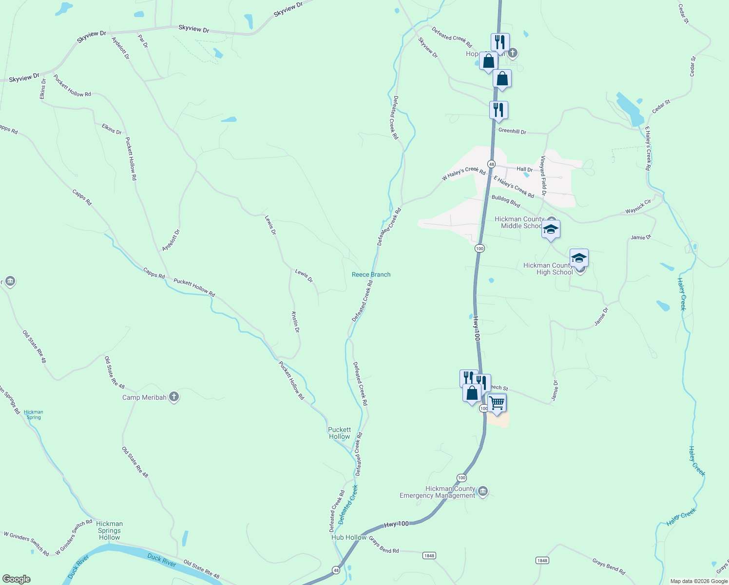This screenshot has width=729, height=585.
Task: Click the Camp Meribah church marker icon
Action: click(x=174, y=397)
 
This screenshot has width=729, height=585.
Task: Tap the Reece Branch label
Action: click(x=371, y=274)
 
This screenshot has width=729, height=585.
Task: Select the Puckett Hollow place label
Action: click(x=339, y=433)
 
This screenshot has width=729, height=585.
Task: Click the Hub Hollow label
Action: click(x=349, y=537)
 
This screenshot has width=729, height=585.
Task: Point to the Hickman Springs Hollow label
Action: click(x=110, y=530)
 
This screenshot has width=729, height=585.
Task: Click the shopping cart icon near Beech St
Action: click(x=497, y=403)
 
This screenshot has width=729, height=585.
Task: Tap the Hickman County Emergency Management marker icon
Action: click(x=482, y=490)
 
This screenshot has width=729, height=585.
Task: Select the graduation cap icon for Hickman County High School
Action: click(x=579, y=258)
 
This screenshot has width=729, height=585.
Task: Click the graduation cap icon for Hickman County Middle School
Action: click(x=551, y=229)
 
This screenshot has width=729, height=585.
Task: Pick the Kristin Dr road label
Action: click(x=295, y=322)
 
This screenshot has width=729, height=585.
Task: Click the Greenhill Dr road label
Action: click(x=512, y=131)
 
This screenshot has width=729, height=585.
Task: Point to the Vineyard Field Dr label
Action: click(x=543, y=175)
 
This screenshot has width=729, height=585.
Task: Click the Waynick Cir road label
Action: click(x=638, y=207)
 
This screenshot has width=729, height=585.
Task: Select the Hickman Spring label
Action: click(x=34, y=414)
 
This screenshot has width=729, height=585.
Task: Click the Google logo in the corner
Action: click(x=17, y=579)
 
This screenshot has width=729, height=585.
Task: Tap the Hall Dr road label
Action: click(x=524, y=169)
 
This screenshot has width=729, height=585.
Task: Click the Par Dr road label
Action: click(x=143, y=41)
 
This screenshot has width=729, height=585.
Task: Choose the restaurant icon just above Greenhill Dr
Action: click(x=499, y=110)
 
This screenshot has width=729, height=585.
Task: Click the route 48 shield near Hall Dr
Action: click(x=491, y=164)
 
